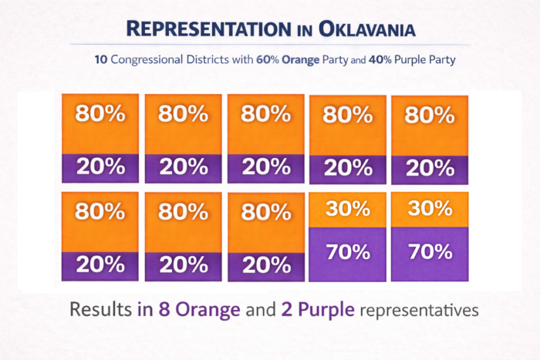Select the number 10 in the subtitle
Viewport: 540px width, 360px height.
pos(102,59)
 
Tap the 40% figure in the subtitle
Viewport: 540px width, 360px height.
pos(378,59)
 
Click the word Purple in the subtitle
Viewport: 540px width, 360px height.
pos(413,59)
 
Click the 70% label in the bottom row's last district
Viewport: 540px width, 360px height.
pos(430,251)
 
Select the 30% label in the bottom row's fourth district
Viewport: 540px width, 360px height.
pos(347,210)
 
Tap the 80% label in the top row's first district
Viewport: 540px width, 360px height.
pos(100,114)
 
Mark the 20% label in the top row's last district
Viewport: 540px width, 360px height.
pos(430,167)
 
